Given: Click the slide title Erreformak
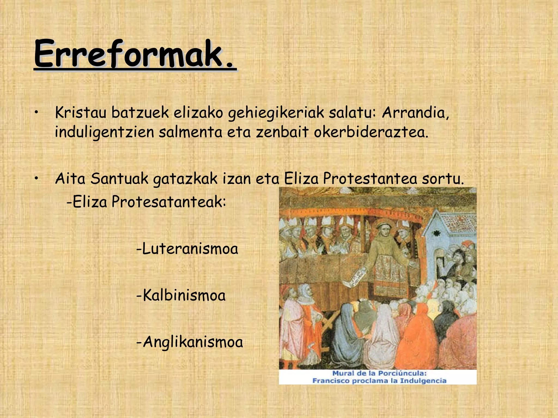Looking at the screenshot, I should (135, 54).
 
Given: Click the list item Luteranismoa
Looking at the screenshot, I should (187, 249).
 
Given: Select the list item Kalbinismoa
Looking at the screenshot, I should (181, 295).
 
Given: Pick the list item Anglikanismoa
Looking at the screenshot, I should (190, 342).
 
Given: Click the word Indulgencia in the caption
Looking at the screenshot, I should (423, 381).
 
